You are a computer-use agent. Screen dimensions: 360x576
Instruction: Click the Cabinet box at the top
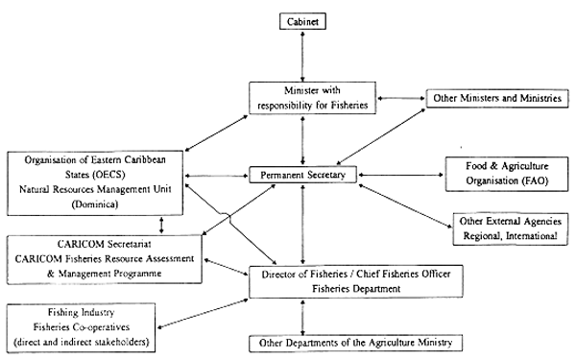[303, 19]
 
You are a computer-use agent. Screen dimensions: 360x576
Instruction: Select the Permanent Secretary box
[303, 176]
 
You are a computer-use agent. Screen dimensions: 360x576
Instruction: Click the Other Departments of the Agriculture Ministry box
[350, 343]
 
